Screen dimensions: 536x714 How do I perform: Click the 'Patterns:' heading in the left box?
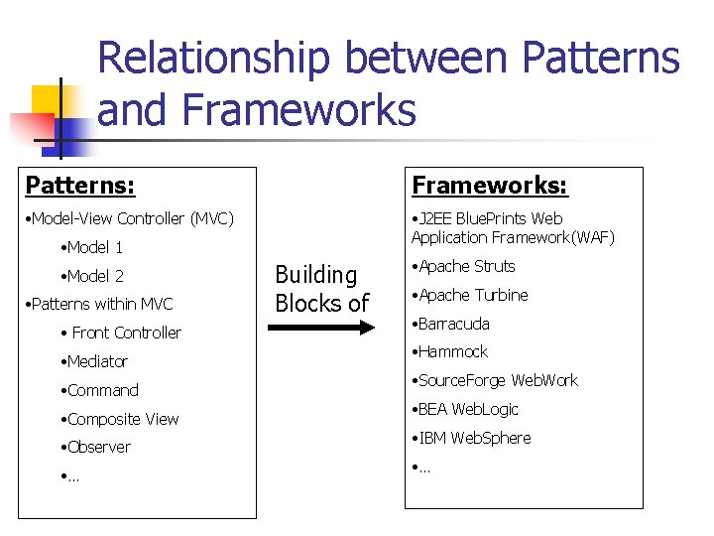click(x=80, y=186)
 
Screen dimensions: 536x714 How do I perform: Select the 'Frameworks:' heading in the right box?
click(x=490, y=186)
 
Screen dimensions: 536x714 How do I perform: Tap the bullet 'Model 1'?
click(x=92, y=247)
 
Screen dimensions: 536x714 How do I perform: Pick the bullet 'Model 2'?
click(x=92, y=276)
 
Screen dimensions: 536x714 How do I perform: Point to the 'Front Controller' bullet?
click(x=123, y=333)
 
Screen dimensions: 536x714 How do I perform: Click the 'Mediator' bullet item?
click(x=95, y=361)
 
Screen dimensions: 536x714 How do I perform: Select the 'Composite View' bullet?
click(x=120, y=419)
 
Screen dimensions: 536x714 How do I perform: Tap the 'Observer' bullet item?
click(x=96, y=447)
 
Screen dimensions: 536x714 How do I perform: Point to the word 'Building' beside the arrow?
click(x=315, y=275)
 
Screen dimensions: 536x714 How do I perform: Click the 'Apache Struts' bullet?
click(x=464, y=266)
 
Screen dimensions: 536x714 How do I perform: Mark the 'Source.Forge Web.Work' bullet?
click(x=495, y=380)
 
